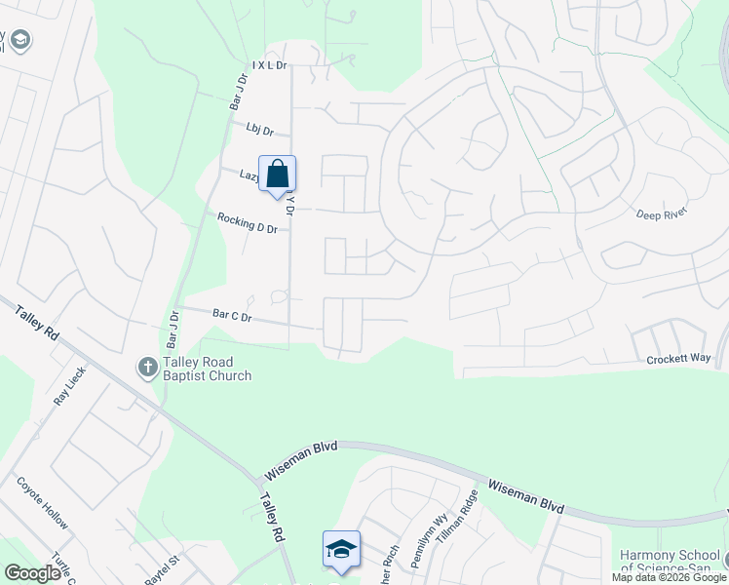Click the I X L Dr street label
pyautogui.click(x=270, y=65)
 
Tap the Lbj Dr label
pyautogui.click(x=260, y=130)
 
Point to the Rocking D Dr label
pyautogui.click(x=248, y=222)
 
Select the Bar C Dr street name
pyautogui.click(x=232, y=316)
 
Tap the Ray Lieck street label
pyautogui.click(x=70, y=386)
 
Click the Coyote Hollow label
pyautogui.click(x=42, y=503)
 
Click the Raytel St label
pyautogui.click(x=164, y=570)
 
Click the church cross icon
pyautogui.click(x=147, y=368)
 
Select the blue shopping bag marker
pyautogui.click(x=278, y=175)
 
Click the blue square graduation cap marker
pyautogui.click(x=341, y=549)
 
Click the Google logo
pyautogui.click(x=32, y=573)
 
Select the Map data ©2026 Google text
pyautogui.click(x=670, y=578)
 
